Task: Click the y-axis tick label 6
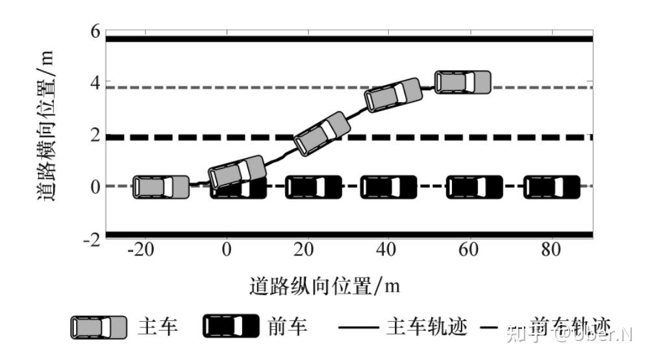pos(94,31)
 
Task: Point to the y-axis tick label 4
pos(94,83)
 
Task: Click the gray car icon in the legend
pos(99,327)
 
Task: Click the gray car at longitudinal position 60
pos(462,83)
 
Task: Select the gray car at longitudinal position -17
pos(161,187)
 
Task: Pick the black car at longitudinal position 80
pos(552,187)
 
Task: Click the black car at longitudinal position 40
pos(388,187)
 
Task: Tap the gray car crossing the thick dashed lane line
pos(321,134)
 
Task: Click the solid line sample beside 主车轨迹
pos(360,328)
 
